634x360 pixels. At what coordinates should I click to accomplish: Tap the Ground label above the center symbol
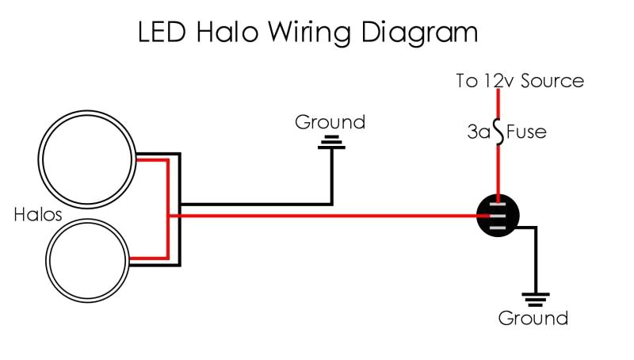point(330,123)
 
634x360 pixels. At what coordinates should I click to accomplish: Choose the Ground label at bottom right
point(533,319)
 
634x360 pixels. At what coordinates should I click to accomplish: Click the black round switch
point(498,215)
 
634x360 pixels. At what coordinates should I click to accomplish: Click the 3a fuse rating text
point(479,132)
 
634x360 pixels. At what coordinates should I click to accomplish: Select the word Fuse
point(526,132)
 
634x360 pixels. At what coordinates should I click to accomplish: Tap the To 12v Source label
point(520,81)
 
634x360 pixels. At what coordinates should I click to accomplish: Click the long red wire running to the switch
point(333,215)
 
